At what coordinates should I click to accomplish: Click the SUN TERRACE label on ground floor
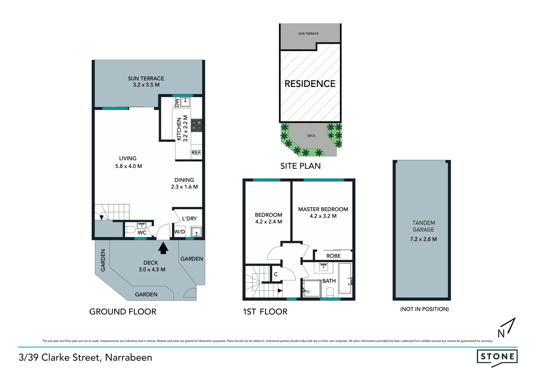pos(146,78)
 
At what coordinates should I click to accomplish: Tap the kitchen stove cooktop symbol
pos(196,125)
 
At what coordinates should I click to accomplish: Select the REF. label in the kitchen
pos(196,153)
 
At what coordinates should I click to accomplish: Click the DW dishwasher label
pos(177,102)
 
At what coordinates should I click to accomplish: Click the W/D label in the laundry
pos(180,232)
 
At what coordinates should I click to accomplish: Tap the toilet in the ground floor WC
pos(130,230)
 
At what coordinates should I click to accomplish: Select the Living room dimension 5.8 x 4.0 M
pos(129,166)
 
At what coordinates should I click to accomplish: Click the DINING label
pos(184,180)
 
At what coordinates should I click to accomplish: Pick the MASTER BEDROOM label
pos(323,209)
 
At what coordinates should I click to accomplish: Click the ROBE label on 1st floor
pos(333,256)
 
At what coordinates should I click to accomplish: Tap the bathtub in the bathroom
pos(345,279)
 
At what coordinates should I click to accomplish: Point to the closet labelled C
pos(276,274)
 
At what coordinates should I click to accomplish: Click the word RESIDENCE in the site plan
pos(310,84)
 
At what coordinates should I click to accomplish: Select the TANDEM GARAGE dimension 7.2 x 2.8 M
pos(423,239)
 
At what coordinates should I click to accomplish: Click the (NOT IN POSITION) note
pos(424,309)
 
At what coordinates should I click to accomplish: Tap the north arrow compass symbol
pos(507,328)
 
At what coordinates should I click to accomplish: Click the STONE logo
pos(497,357)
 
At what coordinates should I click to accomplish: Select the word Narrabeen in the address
pos(129,357)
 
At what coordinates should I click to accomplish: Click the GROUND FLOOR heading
pos(123,311)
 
